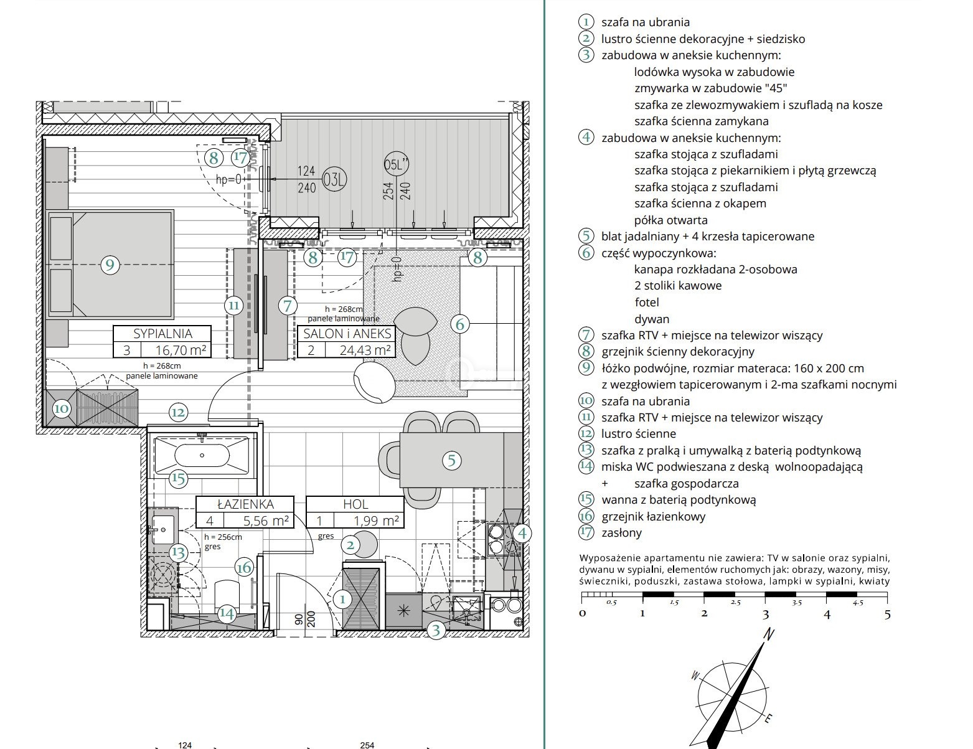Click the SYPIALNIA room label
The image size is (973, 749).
[x=162, y=334]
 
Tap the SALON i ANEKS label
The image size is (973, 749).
[x=347, y=334]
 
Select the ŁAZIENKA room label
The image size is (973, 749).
[x=245, y=504]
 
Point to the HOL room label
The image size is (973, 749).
[x=355, y=504]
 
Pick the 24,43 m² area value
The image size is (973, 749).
[x=365, y=350]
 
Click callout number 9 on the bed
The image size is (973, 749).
[x=110, y=265]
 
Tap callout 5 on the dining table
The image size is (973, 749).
[x=451, y=460]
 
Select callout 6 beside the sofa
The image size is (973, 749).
[x=460, y=324]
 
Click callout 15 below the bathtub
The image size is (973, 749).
[x=178, y=479]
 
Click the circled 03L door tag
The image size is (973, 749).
[x=334, y=179]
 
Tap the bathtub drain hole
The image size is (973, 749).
[x=202, y=455]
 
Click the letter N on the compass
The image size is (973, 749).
[x=768, y=634]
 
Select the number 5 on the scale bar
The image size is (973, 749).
[x=888, y=615]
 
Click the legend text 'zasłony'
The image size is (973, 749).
[x=621, y=533]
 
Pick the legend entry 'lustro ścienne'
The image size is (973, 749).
[x=639, y=433]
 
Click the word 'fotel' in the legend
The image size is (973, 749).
[x=647, y=302]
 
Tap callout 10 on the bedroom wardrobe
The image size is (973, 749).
[x=62, y=408]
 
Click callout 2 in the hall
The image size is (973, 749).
[x=350, y=545]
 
